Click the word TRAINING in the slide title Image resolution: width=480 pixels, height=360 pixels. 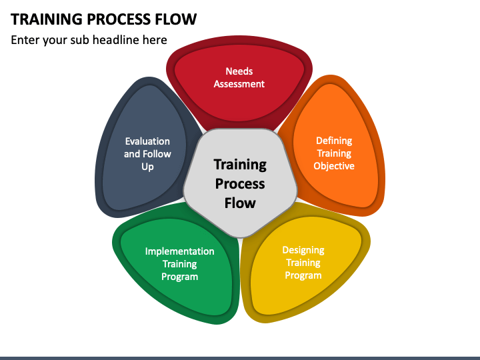pyautogui.click(x=47, y=19)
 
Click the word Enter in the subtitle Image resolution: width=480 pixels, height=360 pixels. pyautogui.click(x=25, y=40)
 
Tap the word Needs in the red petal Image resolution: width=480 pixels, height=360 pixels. pyautogui.click(x=239, y=71)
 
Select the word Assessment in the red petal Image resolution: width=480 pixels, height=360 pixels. pyautogui.click(x=239, y=84)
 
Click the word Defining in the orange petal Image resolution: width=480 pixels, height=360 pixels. pyautogui.click(x=334, y=141)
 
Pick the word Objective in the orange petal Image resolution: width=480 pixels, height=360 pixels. pyautogui.click(x=334, y=166)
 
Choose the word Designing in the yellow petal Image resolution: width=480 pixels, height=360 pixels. pyautogui.click(x=303, y=251)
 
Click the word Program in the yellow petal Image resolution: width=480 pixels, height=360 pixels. pyautogui.click(x=303, y=275)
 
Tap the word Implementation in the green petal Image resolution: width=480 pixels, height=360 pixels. pyautogui.click(x=180, y=251)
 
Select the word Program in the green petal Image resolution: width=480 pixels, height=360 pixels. pyautogui.click(x=180, y=277)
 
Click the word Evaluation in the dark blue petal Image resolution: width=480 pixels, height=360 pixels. pyautogui.click(x=147, y=141)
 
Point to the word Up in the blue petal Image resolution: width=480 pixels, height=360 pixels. pyautogui.click(x=147, y=167)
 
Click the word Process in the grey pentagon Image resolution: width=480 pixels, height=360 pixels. pyautogui.click(x=240, y=184)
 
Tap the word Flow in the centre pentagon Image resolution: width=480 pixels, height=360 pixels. pyautogui.click(x=240, y=203)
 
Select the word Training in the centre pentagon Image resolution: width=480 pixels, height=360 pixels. pyautogui.click(x=240, y=165)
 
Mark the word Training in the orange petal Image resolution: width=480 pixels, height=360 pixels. pyautogui.click(x=334, y=153)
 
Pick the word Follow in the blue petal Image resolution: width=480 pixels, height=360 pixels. pyautogui.click(x=157, y=154)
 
